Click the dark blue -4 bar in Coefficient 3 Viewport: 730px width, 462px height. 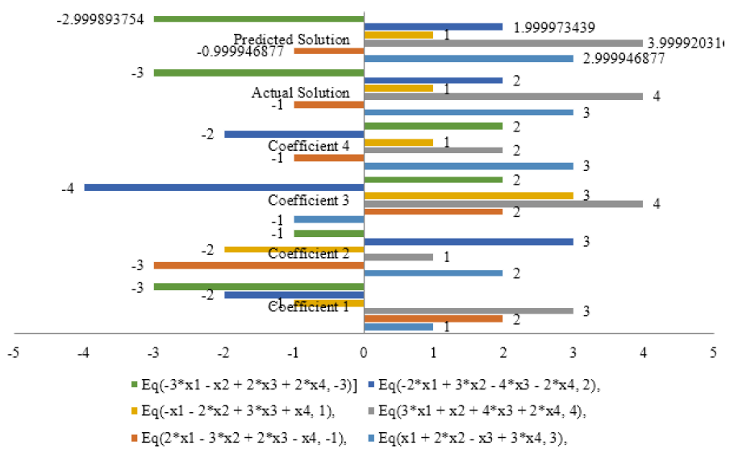(224, 188)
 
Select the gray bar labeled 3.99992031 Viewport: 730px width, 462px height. (503, 43)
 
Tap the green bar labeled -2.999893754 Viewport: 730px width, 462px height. (259, 19)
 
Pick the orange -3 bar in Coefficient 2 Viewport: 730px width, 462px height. (259, 265)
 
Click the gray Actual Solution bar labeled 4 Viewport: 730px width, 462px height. (503, 96)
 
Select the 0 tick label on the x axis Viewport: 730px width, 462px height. (364, 352)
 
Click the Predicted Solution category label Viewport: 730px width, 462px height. (291, 40)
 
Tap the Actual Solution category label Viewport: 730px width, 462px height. (301, 93)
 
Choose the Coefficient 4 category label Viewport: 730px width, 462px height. (309, 146)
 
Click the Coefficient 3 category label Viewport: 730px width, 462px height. (309, 200)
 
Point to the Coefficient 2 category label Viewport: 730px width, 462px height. (309, 254)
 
